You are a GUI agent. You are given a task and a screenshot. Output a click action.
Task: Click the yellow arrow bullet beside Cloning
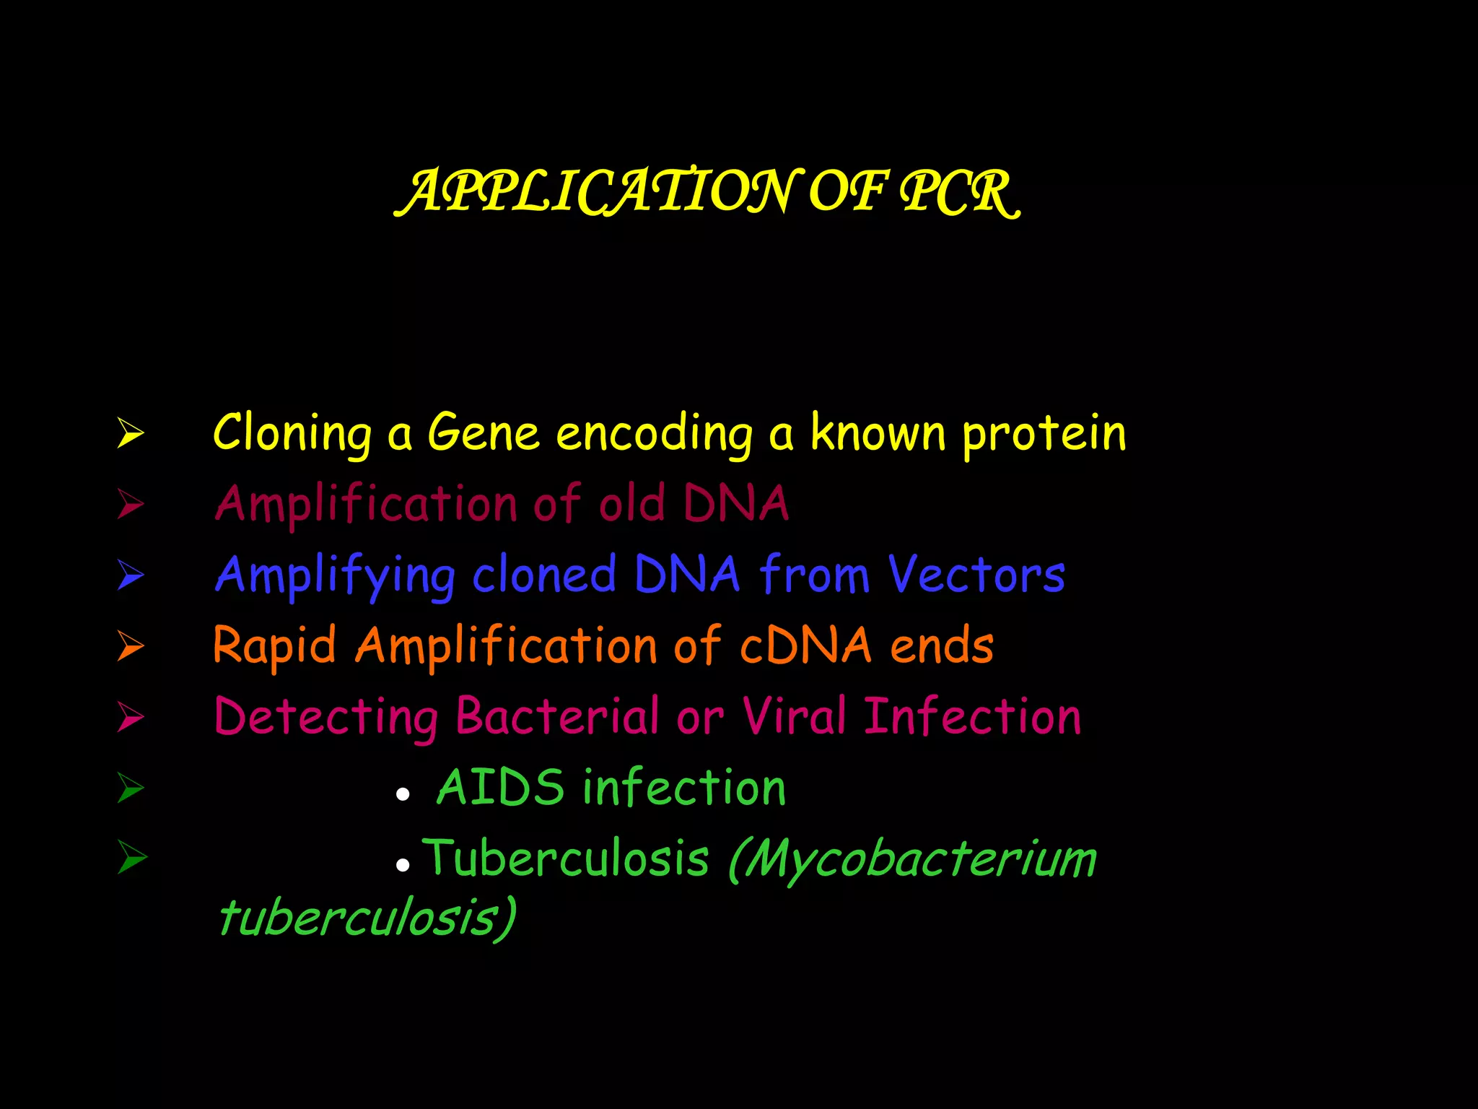click(x=131, y=433)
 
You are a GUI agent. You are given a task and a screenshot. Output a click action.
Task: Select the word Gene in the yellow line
click(x=484, y=433)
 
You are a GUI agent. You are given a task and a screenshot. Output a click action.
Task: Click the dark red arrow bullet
click(x=131, y=504)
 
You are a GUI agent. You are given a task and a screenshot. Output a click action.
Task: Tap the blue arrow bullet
click(x=131, y=575)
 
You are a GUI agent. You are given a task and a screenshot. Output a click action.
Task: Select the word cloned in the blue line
click(x=544, y=575)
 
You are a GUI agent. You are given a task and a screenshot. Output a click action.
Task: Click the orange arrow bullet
click(x=131, y=645)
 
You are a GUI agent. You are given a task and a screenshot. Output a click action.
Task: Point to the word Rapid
click(x=275, y=645)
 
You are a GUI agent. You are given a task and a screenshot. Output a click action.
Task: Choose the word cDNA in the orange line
click(x=805, y=645)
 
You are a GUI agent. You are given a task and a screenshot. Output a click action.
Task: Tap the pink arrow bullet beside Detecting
click(x=131, y=716)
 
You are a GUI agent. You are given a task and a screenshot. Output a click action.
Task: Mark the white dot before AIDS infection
click(x=403, y=795)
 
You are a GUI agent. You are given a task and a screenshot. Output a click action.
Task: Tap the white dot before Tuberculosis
click(x=403, y=864)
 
